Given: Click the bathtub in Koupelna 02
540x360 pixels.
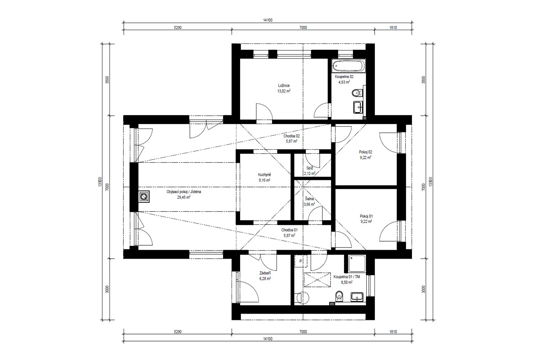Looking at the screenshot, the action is click(348, 66).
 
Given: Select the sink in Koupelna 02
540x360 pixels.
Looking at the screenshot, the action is click(358, 107).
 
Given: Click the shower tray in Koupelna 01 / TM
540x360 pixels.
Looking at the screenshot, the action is click(357, 264).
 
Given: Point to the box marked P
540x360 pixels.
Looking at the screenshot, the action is click(301, 261).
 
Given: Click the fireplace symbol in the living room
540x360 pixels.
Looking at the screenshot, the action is click(144, 197).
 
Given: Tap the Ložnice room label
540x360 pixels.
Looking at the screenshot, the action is click(284, 85).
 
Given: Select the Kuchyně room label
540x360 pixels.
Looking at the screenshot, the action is click(265, 174).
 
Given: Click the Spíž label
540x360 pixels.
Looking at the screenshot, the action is click(310, 168).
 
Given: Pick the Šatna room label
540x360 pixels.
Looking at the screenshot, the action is click(309, 199).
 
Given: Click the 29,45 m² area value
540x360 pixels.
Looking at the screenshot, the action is click(184, 197).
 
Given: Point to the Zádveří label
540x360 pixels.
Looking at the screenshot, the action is click(265, 273).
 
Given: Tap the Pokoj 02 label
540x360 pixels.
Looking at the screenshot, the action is click(366, 152).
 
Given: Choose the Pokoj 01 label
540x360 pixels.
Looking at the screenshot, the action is click(366, 216).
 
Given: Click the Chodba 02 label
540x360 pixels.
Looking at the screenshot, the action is click(291, 136).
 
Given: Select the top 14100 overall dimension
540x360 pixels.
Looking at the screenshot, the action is click(268, 20).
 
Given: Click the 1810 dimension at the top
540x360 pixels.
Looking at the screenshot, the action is click(393, 27).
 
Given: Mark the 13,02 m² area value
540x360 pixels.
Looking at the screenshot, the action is click(284, 91).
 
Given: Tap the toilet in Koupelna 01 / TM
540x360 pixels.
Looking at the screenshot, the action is click(339, 296).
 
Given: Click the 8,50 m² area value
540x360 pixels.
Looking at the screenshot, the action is click(346, 282).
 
